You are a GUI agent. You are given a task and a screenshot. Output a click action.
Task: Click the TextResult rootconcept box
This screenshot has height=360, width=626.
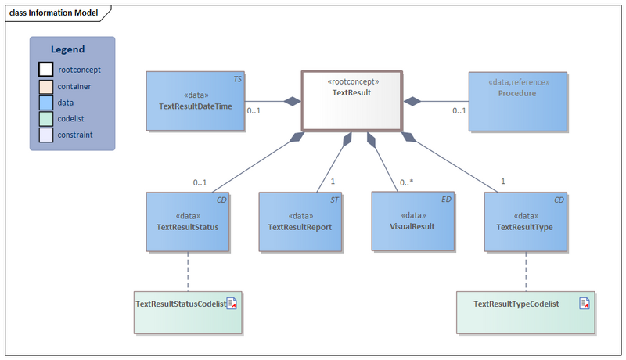tap(351, 100)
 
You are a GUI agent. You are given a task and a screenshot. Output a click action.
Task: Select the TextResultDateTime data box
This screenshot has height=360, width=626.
tap(195, 100)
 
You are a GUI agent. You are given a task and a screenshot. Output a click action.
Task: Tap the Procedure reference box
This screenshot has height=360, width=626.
tap(517, 100)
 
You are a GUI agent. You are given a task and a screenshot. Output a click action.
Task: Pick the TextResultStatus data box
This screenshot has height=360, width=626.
tap(188, 221)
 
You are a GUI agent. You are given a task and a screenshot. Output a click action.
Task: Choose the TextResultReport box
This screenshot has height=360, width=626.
tap(300, 221)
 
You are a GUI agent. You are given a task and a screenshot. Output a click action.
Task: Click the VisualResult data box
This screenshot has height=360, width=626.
tap(412, 221)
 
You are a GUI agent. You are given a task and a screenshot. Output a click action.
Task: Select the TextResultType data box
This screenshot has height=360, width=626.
tap(525, 221)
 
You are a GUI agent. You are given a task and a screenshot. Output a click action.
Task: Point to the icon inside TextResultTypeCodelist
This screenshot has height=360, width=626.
tap(585, 304)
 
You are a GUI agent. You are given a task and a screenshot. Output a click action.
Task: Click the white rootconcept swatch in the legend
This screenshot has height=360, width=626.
tap(46, 70)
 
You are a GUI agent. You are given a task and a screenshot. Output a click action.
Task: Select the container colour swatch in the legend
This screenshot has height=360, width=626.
tap(46, 86)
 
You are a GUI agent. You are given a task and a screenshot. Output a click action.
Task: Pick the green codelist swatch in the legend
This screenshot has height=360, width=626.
tap(46, 118)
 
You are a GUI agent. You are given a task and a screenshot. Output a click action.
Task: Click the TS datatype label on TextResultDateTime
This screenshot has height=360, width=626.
tap(237, 79)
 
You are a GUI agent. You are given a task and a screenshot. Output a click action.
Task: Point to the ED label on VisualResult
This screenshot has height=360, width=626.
tap(446, 200)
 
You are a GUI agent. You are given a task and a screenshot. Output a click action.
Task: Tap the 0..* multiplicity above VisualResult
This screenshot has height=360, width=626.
tap(406, 182)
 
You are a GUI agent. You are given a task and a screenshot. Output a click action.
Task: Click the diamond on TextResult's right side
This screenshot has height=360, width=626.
tap(412, 101)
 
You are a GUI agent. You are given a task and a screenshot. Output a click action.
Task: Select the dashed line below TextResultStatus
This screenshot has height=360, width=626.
tap(188, 271)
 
